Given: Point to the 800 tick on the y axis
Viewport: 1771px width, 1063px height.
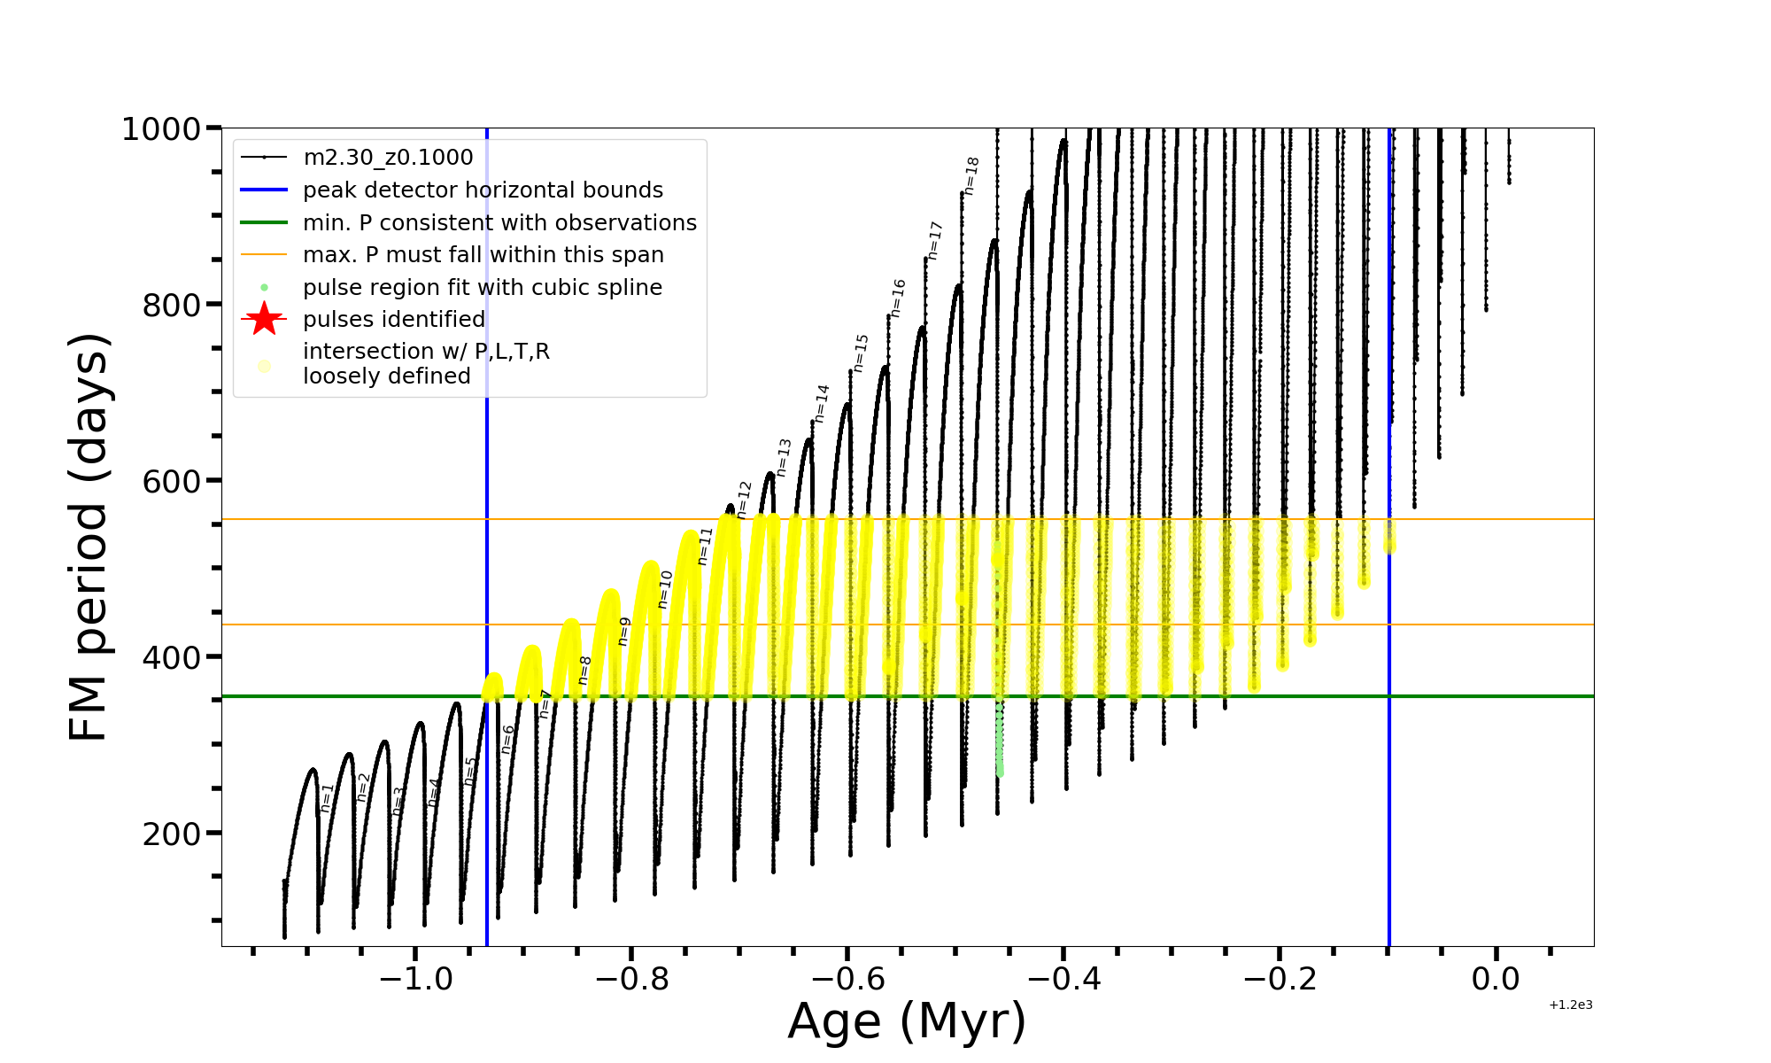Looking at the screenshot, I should tap(170, 306).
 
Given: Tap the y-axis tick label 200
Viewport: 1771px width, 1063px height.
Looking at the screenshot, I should tap(170, 834).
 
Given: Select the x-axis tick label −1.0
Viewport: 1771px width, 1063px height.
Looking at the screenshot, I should tap(415, 979).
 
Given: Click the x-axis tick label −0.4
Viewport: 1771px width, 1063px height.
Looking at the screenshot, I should tap(1063, 979).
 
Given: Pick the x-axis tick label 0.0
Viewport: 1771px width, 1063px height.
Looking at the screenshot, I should tap(1496, 979).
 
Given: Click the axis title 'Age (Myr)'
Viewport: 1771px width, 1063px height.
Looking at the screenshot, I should tap(907, 1021).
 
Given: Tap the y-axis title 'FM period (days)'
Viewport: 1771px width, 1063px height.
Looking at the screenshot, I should tap(89, 537).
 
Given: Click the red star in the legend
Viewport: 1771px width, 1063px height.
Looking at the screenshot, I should tap(264, 319).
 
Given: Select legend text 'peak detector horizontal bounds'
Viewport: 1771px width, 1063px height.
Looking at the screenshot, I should tap(483, 190).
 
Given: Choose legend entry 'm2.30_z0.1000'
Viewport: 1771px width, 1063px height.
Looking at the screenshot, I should tap(388, 158).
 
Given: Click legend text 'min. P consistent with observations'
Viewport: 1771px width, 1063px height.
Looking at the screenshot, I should tap(499, 223).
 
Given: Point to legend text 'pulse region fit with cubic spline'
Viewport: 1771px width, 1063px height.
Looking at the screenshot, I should tap(483, 288).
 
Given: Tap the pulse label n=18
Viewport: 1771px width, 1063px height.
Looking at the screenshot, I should tap(971, 176).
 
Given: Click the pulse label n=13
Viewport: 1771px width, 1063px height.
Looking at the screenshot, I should tap(784, 458).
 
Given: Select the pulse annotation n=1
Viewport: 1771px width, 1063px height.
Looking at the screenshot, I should tap(327, 798).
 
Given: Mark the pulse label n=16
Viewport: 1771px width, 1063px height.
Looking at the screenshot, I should tap(898, 299).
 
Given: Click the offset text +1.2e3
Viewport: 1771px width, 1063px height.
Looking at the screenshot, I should tap(1571, 1005).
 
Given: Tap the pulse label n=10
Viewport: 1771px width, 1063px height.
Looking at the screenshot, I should tap(665, 590).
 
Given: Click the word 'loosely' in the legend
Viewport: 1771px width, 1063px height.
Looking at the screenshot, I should tap(336, 376).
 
